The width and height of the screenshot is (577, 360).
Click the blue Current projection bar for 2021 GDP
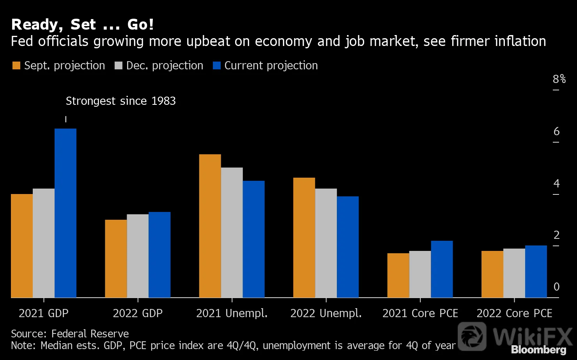[65, 213]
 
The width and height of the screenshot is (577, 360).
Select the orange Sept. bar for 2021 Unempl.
[210, 226]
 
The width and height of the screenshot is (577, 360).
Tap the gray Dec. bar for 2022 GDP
[138, 256]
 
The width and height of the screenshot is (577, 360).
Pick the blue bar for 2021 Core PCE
[442, 269]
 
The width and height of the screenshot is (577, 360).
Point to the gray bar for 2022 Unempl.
[326, 243]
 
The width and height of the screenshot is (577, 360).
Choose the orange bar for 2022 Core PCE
[492, 274]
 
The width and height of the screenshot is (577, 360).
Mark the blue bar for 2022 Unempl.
[348, 247]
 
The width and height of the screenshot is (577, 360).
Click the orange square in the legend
[16, 65]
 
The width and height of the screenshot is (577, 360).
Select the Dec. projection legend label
[165, 66]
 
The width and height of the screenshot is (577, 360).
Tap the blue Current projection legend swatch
[217, 65]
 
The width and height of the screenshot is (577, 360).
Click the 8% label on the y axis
[559, 79]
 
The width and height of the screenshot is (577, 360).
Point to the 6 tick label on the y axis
[556, 132]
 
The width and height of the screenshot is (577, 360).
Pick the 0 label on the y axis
[556, 287]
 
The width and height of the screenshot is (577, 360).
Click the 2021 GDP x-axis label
[44, 313]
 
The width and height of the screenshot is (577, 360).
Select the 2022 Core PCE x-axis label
[514, 313]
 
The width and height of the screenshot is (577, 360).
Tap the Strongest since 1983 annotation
[121, 101]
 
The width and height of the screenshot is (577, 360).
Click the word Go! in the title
[141, 25]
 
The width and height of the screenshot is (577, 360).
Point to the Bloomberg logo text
[539, 350]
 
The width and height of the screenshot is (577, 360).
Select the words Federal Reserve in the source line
[90, 334]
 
